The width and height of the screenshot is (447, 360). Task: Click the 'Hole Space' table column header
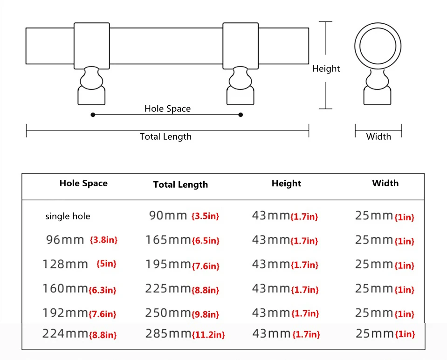(83, 183)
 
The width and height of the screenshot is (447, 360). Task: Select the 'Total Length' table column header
(180, 185)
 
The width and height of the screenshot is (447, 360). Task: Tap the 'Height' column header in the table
(286, 183)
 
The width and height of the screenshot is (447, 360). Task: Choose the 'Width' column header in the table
(385, 183)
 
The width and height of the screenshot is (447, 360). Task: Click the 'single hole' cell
(68, 217)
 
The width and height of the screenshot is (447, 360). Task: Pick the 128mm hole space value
(65, 265)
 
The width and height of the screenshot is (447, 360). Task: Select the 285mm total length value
(168, 334)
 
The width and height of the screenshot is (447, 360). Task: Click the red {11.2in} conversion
(208, 335)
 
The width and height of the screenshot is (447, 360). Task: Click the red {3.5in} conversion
(205, 217)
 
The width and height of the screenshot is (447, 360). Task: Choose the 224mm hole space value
(65, 334)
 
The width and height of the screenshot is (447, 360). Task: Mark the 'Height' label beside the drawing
(326, 69)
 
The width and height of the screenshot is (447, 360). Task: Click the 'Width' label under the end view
(378, 136)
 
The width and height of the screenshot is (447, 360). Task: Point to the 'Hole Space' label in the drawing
(167, 109)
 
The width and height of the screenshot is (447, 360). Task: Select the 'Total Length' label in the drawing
(165, 137)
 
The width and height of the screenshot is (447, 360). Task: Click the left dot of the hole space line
(93, 115)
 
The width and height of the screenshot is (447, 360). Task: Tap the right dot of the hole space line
(241, 115)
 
